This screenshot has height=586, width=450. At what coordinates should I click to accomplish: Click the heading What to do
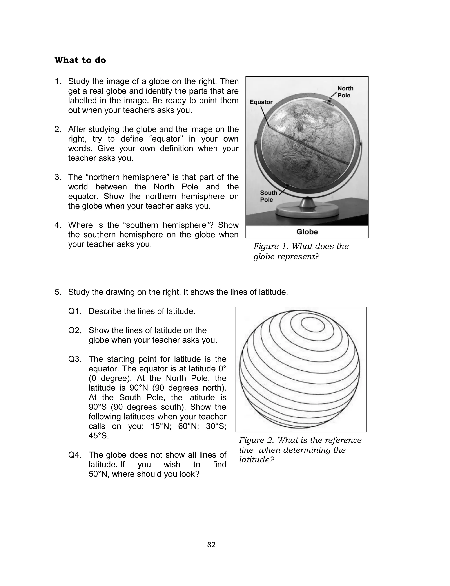80,60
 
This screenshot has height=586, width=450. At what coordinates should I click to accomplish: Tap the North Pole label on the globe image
345,92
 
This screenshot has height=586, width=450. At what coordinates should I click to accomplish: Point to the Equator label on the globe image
261,102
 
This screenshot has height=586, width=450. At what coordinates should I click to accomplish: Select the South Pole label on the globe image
268,196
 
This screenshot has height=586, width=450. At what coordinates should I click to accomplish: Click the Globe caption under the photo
307,232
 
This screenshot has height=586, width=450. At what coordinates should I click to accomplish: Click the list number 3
58,177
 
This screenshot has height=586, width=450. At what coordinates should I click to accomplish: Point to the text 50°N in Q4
99,474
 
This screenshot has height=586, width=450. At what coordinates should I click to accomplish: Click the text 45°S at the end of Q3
99,436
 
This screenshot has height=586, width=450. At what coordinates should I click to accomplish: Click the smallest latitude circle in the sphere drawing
313,325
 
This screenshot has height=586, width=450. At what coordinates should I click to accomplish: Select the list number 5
58,292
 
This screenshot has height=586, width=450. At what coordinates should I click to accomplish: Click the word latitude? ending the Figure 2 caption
257,460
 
